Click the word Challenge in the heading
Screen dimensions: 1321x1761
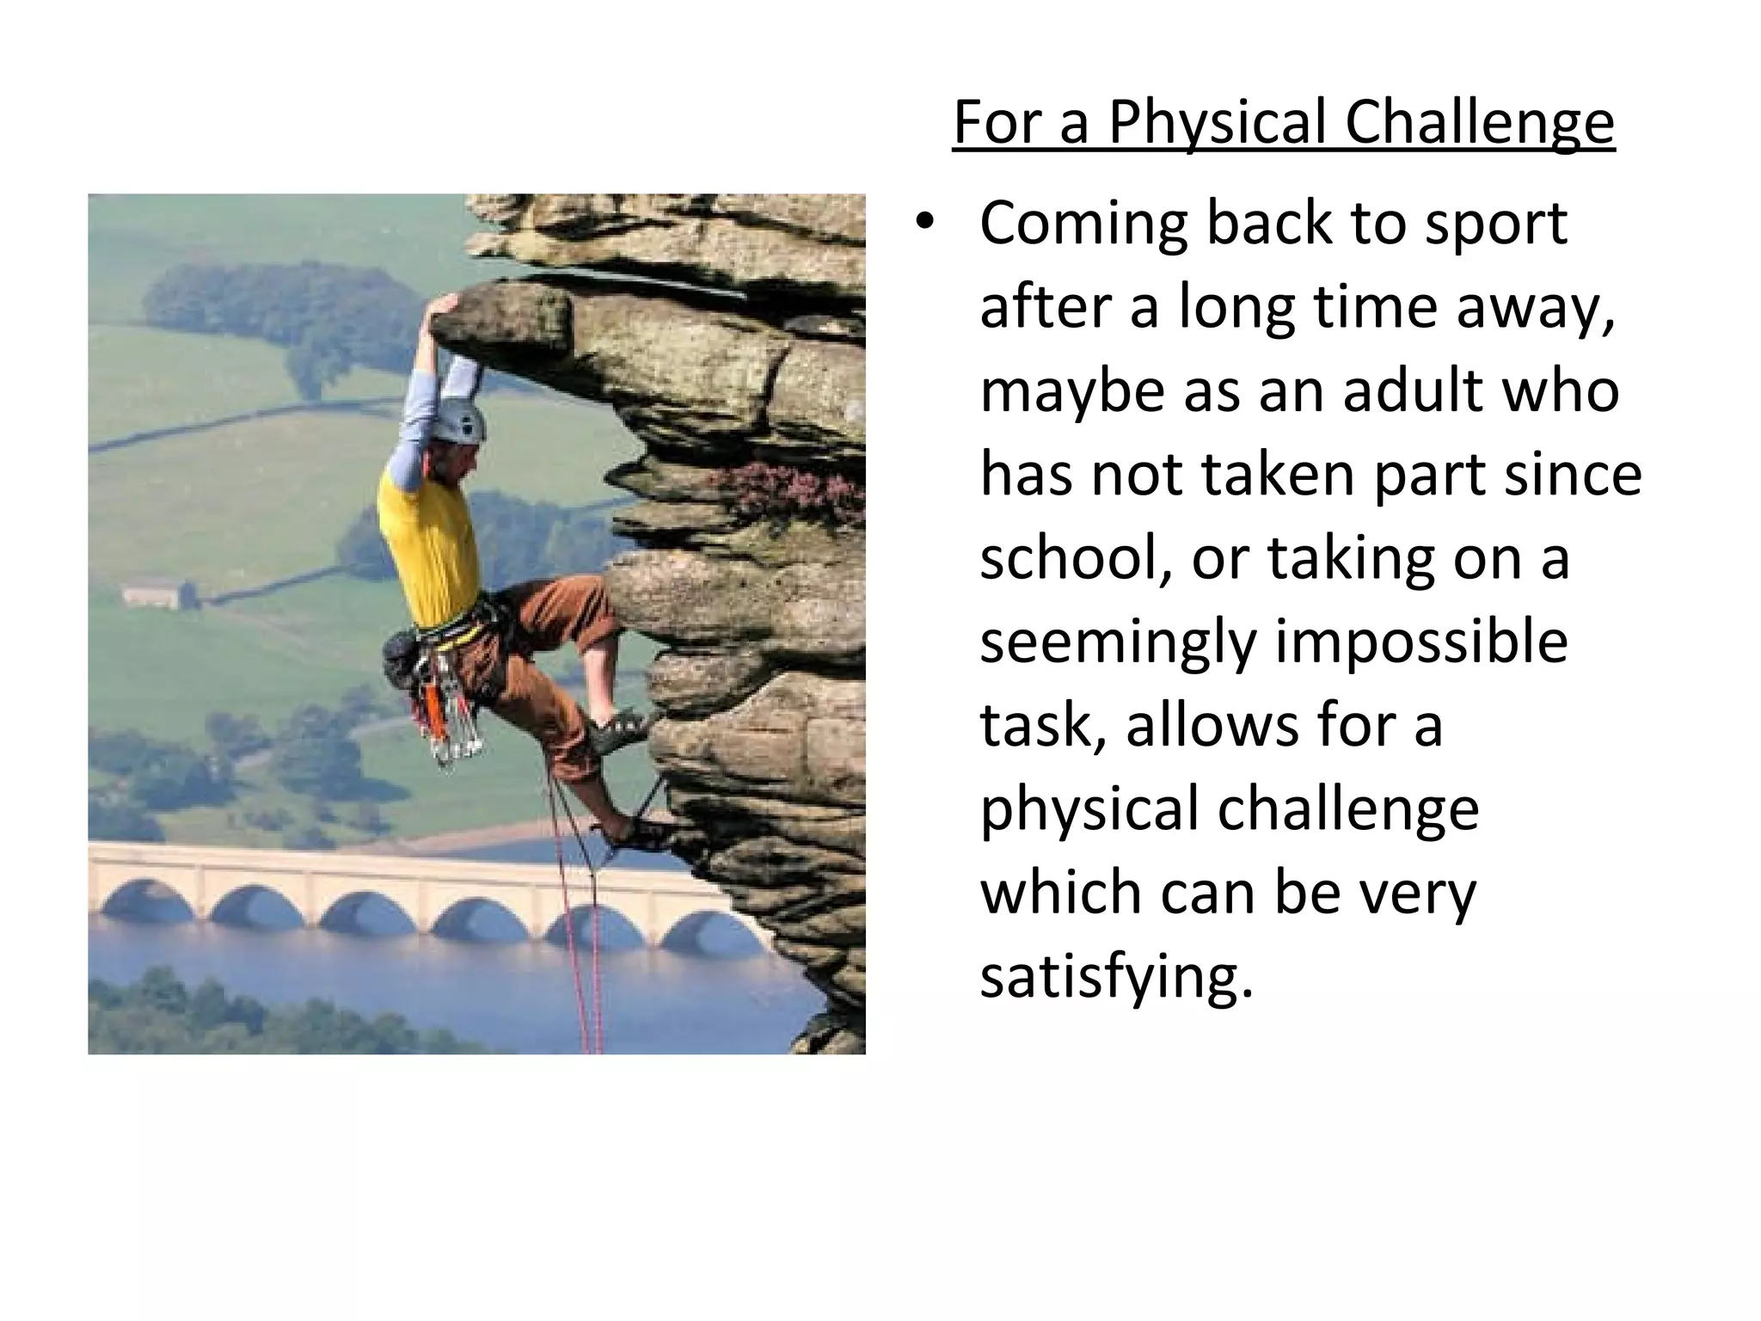tap(1479, 124)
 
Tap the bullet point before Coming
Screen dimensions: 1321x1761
tap(923, 223)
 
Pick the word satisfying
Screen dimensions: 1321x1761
tap(1116, 977)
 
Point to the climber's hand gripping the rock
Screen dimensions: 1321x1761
tap(446, 306)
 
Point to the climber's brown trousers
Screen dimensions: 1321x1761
tap(533, 636)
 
